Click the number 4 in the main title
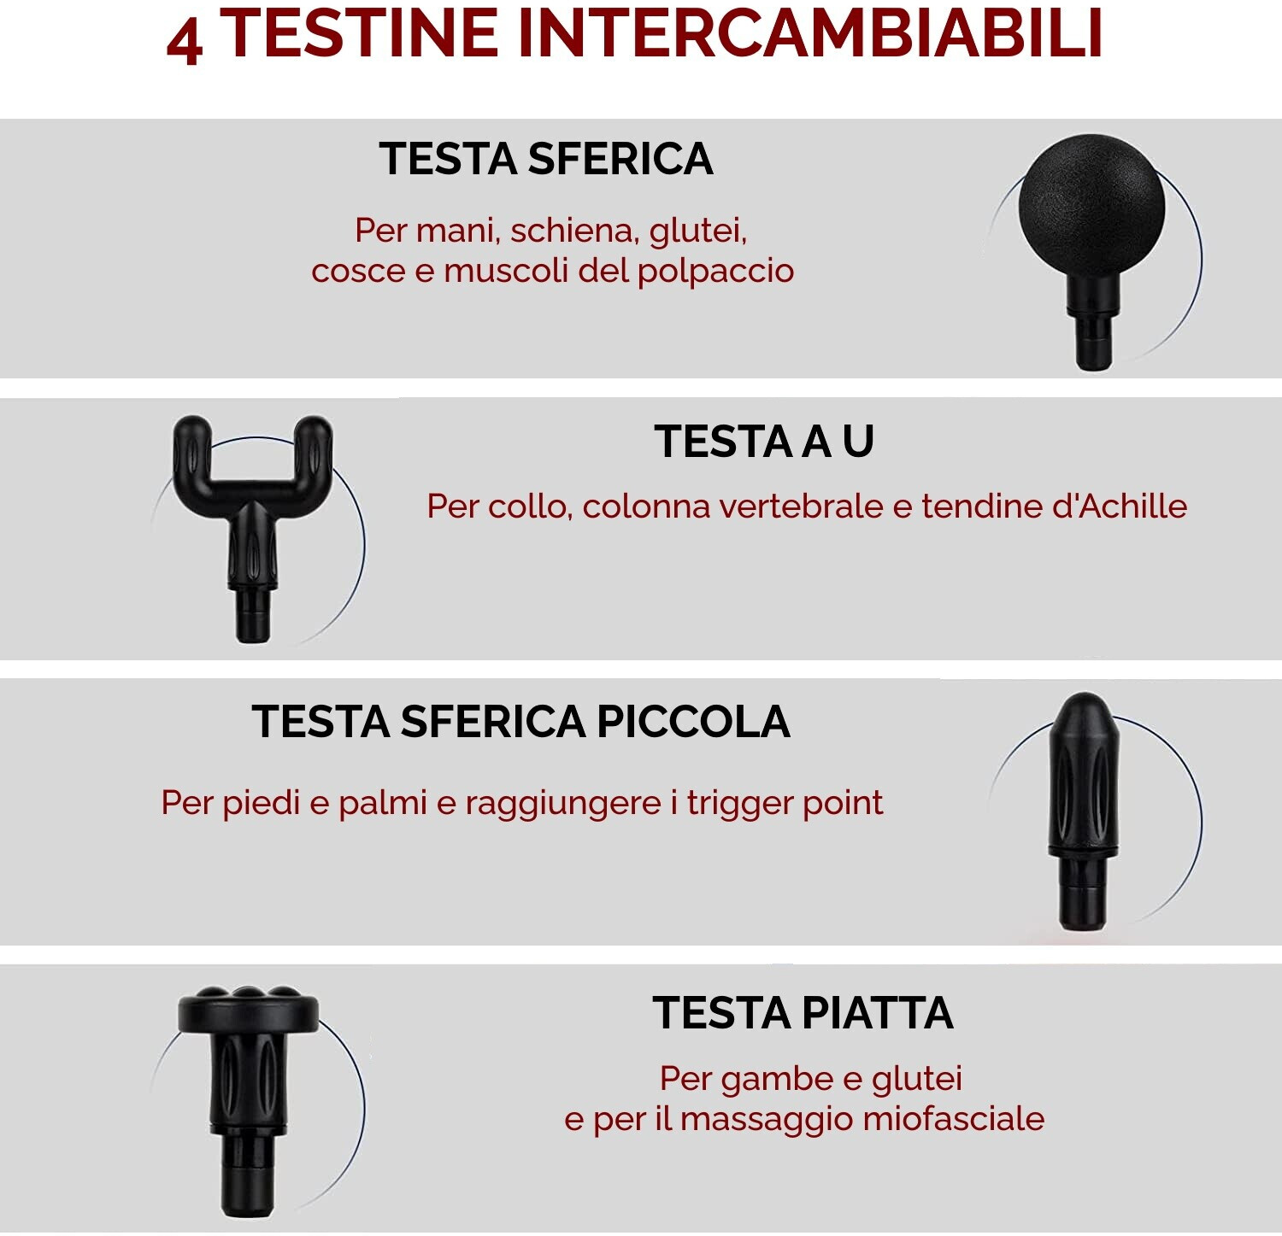tap(185, 41)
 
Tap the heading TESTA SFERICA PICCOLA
tap(520, 722)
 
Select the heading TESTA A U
tap(764, 442)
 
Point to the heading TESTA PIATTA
tap(803, 1013)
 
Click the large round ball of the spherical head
tap(1091, 205)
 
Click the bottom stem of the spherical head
tap(1093, 337)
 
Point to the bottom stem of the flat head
tap(246, 1174)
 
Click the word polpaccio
tap(715, 272)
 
